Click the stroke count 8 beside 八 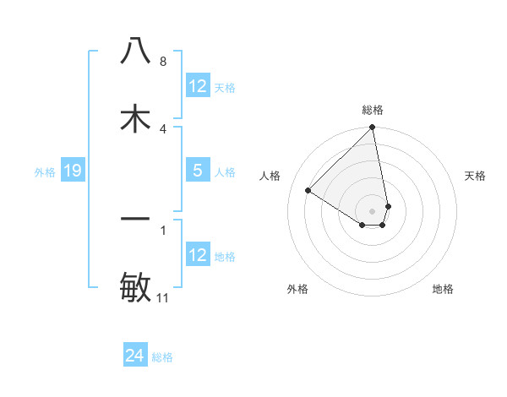click(x=162, y=62)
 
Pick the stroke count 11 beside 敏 click(x=163, y=298)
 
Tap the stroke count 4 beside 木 click(x=162, y=128)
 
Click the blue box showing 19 click(x=72, y=171)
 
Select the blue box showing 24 click(x=134, y=356)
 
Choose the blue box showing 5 click(x=197, y=171)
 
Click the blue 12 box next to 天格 click(x=197, y=86)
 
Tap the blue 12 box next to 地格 click(x=197, y=255)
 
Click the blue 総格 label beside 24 click(x=162, y=357)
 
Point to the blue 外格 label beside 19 click(x=45, y=172)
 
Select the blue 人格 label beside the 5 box click(x=225, y=172)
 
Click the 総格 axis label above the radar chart click(x=372, y=110)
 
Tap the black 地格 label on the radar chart click(x=443, y=289)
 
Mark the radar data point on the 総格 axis click(x=372, y=128)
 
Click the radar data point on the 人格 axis click(x=308, y=191)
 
